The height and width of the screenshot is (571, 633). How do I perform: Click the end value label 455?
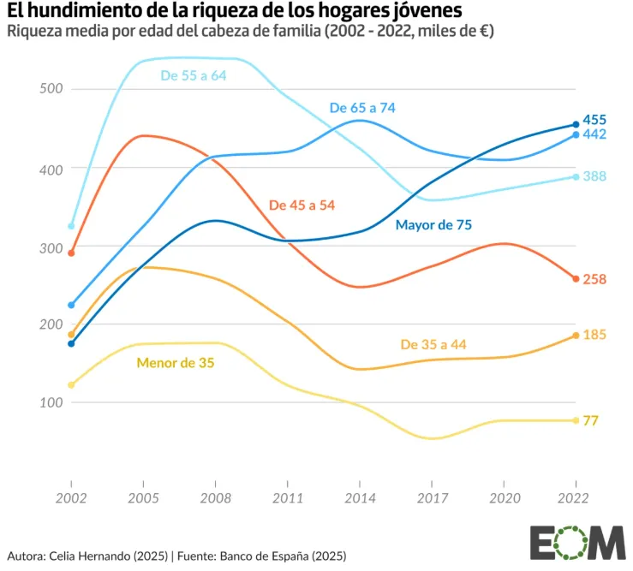click(x=594, y=120)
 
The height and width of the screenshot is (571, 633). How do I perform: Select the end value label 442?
click(x=594, y=134)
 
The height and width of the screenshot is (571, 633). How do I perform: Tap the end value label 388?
click(x=594, y=176)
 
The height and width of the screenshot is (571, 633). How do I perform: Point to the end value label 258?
click(x=594, y=279)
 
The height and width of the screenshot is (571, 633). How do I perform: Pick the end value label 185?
click(x=594, y=335)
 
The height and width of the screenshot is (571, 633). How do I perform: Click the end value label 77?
click(x=591, y=420)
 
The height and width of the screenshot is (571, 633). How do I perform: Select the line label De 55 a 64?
click(x=194, y=75)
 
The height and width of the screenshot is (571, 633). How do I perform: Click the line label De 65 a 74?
click(x=362, y=108)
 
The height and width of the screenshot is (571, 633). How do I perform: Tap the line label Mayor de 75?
click(x=433, y=225)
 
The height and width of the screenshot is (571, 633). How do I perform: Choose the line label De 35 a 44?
click(x=433, y=344)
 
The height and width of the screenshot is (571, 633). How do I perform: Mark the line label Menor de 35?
click(x=176, y=363)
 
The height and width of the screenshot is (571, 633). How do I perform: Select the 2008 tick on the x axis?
click(x=215, y=497)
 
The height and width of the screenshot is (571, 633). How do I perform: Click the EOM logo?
click(x=576, y=541)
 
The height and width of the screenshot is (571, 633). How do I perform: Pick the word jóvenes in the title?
click(x=424, y=11)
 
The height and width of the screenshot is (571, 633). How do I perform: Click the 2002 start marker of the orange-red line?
click(x=71, y=253)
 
